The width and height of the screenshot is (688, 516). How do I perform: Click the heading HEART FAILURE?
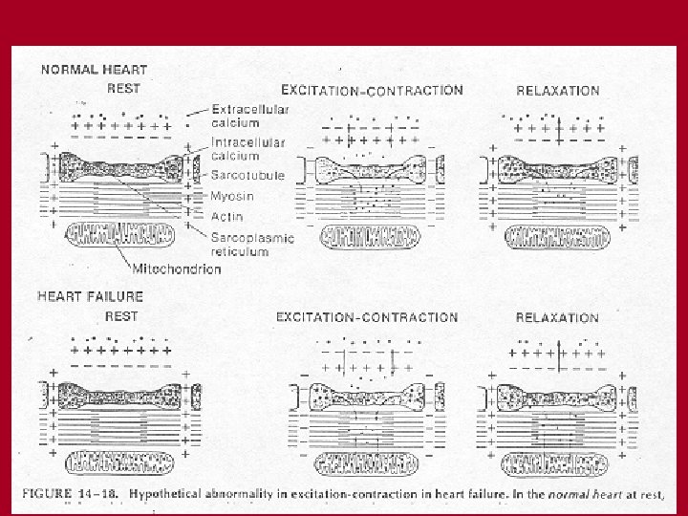pyautogui.click(x=93, y=297)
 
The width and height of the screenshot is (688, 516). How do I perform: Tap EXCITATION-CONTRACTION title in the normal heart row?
pyautogui.click(x=372, y=91)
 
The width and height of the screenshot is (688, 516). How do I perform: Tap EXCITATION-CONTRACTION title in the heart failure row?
pyautogui.click(x=367, y=317)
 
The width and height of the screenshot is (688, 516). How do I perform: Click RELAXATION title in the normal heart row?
pyautogui.click(x=558, y=92)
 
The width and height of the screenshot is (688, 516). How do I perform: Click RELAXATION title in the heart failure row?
pyautogui.click(x=558, y=317)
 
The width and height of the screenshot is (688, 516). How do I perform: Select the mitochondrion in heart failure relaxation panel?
pyautogui.click(x=556, y=465)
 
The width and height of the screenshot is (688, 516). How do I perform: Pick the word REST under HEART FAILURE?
pyautogui.click(x=123, y=316)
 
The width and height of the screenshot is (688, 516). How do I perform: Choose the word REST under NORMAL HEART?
pyautogui.click(x=124, y=89)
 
